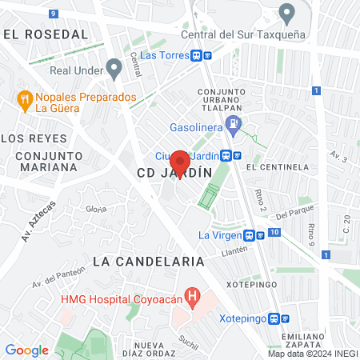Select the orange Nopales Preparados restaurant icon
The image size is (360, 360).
tap(24, 100)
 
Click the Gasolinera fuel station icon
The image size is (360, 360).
tap(233, 124)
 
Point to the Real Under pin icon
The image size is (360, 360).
tap(114, 70)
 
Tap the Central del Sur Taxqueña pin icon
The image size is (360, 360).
tap(286, 13)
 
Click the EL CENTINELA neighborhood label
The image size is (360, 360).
tap(278, 167)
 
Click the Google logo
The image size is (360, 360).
tap(26, 350)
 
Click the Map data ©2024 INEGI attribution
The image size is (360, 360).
tap(312, 353)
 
